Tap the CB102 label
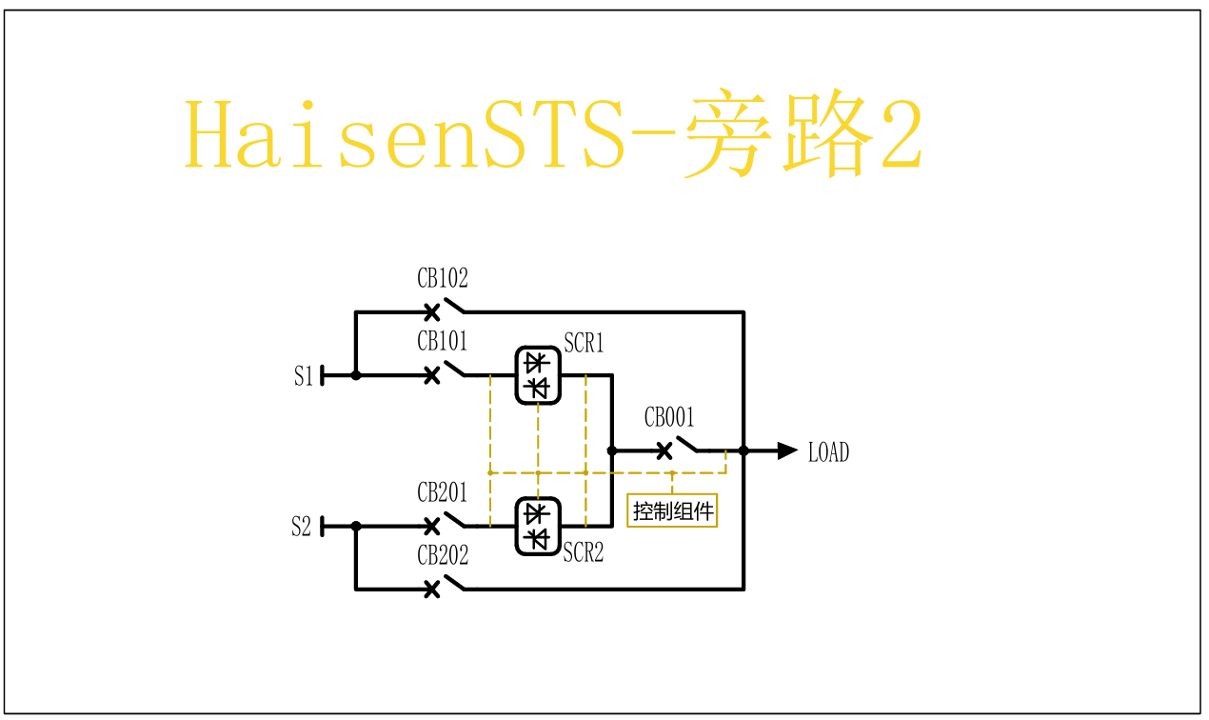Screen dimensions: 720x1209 [x=443, y=279]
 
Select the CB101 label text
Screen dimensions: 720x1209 [x=443, y=341]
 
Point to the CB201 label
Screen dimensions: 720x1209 [x=443, y=492]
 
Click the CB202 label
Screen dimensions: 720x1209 [x=443, y=555]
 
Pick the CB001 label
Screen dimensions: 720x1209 [x=669, y=417]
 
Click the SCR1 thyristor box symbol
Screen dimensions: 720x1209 [x=538, y=375]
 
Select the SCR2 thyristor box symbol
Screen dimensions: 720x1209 [x=538, y=526]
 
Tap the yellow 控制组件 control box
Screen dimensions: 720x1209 [x=673, y=510]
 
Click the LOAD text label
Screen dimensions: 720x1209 [x=828, y=452]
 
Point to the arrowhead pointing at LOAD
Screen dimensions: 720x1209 [x=787, y=451]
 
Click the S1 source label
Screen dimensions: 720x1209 [x=303, y=376]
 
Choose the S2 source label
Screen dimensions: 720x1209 [x=301, y=527]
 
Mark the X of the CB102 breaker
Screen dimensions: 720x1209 [x=431, y=312]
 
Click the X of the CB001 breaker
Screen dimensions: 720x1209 [x=664, y=451]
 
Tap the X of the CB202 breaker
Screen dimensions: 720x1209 [x=431, y=590]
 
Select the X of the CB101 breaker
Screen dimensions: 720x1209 [x=431, y=375]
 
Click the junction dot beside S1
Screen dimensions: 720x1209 [x=356, y=375]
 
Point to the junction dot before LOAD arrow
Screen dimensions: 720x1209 [x=743, y=451]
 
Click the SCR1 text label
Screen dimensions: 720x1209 [x=584, y=343]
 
